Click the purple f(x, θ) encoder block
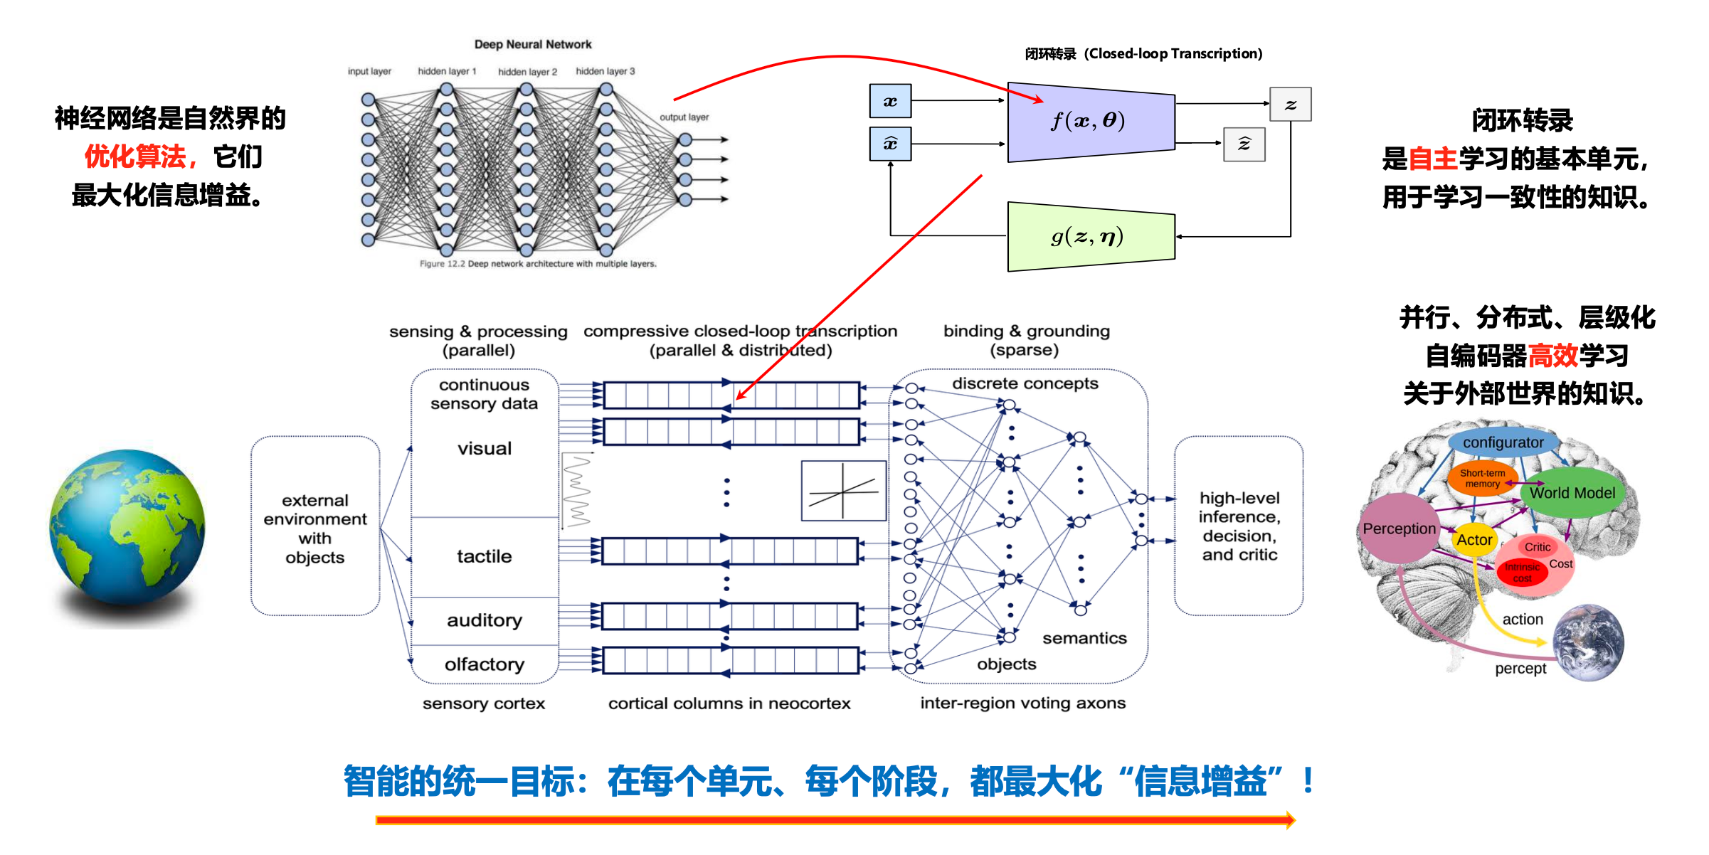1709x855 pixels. pos(1090,122)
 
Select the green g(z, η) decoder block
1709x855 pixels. pos(1090,236)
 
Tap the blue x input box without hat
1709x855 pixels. pos(890,101)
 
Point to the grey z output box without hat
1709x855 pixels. pos(1290,104)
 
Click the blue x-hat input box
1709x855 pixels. pos(890,144)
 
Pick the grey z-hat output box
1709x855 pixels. pos(1244,144)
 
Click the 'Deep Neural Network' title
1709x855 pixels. pos(533,44)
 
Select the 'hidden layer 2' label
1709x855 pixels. pos(527,72)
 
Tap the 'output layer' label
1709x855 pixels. pos(684,117)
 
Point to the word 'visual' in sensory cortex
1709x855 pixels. pos(485,449)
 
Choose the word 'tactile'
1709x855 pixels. pos(485,556)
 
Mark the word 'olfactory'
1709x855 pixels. pos(485,664)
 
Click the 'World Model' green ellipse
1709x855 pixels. pos(1572,492)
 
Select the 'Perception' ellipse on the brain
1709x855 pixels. pos(1399,529)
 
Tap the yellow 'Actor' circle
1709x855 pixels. pos(1474,540)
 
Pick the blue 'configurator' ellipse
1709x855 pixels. pos(1503,442)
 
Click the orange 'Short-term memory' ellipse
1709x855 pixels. pos(1482,478)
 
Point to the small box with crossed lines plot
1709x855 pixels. pos(843,491)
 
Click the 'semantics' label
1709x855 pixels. pos(1084,638)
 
